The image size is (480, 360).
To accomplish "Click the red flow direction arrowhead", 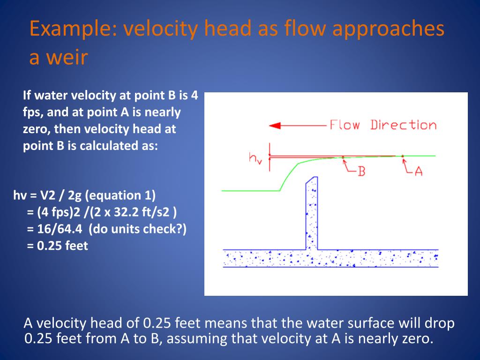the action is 275,126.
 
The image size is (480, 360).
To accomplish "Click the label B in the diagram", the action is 361,171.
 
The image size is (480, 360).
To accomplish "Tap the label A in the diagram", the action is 418,171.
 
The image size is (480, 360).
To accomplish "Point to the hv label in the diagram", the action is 255,158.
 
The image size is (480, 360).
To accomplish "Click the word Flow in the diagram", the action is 345,125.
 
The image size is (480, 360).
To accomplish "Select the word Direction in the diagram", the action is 404,125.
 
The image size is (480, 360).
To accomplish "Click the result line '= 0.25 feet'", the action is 58,246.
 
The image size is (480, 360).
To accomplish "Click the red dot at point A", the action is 402,156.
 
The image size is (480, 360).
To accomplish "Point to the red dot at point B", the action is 343,157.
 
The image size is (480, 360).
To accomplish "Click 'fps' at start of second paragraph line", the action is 32,112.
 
